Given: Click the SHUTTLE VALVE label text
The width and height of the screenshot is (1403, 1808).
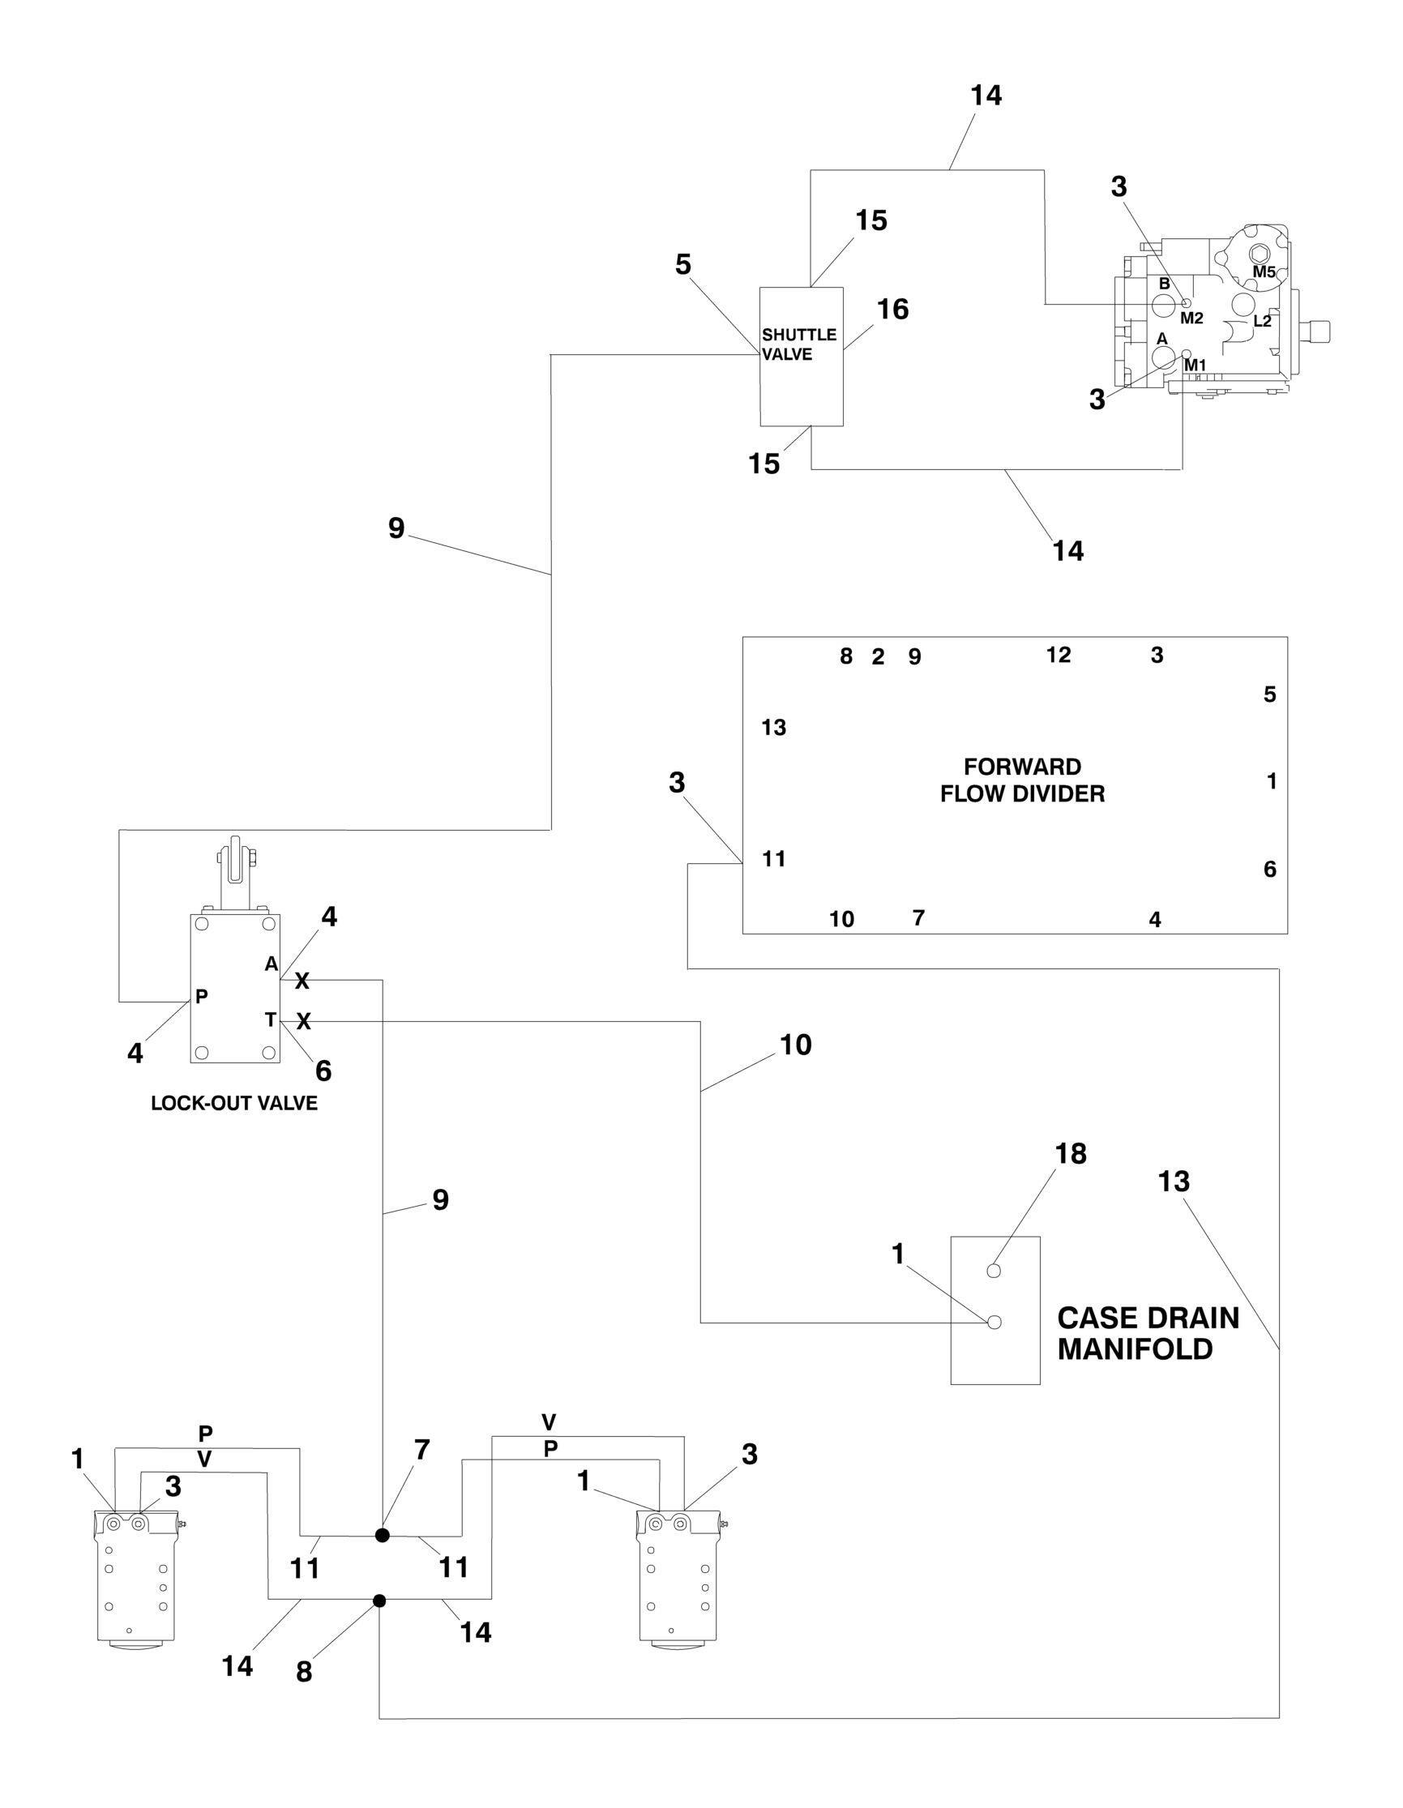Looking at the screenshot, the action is point(798,344).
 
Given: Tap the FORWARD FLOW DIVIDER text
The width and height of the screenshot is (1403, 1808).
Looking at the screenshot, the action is point(1022,780).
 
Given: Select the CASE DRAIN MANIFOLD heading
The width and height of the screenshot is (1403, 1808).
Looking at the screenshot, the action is point(1148,1334).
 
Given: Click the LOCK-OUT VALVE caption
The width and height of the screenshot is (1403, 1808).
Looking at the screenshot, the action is point(234,1104).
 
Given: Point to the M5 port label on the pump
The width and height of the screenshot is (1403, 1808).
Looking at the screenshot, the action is point(1263,271).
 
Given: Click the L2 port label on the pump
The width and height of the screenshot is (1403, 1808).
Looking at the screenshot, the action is point(1261,321).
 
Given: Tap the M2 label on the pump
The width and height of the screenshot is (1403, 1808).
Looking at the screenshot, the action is point(1191,318).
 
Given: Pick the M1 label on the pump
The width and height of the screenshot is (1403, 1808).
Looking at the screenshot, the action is point(1195,365).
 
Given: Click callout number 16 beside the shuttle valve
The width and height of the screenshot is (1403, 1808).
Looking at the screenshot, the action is point(892,310).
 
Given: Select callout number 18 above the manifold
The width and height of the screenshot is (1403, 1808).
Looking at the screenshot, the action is point(1070,1154).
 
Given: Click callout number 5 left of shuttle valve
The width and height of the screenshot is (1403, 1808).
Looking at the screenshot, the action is point(683,265).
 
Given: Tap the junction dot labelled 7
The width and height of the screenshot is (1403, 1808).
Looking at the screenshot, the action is point(382,1535).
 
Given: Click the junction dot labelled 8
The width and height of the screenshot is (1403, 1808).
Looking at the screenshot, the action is point(379,1601).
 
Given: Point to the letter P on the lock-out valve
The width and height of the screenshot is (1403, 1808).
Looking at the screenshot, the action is point(201,997).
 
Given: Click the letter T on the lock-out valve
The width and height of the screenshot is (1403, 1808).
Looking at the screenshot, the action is point(270,1020).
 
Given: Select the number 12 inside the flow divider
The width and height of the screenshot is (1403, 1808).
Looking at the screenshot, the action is point(1058,655).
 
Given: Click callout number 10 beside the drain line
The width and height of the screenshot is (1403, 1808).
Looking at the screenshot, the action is point(794,1045).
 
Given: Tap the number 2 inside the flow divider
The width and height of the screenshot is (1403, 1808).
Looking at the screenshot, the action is point(878,657).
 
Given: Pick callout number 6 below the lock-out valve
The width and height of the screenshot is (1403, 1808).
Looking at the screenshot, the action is point(323,1071).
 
